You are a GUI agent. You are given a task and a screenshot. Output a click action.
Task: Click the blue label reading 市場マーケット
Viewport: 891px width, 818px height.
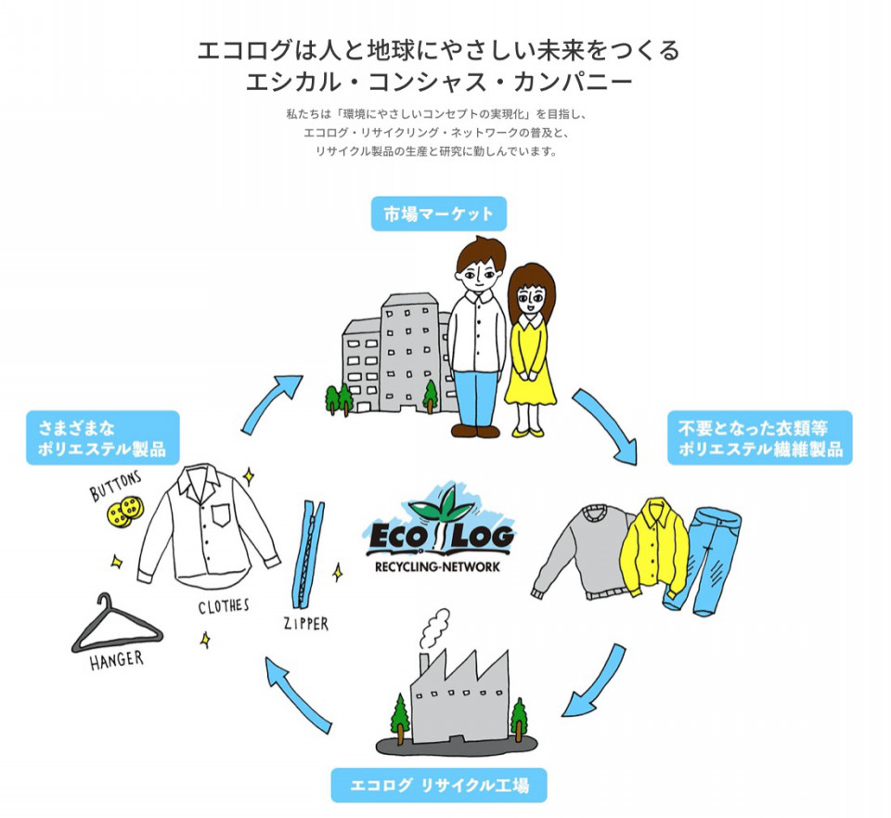pos(438,214)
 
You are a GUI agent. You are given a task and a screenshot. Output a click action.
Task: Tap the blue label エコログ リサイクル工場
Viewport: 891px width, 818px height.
pos(439,785)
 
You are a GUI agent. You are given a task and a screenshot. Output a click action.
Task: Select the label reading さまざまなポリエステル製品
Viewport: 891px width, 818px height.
pos(103,437)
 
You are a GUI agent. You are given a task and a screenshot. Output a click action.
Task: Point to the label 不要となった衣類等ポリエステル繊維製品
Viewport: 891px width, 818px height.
pos(760,437)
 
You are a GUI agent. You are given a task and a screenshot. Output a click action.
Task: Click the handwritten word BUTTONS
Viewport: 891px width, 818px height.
pos(115,486)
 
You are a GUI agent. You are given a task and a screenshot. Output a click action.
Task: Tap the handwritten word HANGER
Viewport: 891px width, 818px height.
pos(117,660)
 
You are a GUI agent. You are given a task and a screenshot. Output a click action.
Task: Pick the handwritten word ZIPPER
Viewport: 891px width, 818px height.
pos(305,624)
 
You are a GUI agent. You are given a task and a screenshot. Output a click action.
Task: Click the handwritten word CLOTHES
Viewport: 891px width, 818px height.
pos(224,606)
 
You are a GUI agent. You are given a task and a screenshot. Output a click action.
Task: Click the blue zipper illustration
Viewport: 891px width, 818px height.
pos(307,555)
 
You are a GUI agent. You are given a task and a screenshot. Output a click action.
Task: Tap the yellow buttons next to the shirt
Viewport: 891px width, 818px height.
pos(125,511)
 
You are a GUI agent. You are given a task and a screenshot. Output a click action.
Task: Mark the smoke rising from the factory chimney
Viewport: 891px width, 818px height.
pos(434,629)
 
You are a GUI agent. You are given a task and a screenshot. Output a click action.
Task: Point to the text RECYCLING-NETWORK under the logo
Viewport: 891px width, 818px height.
pos(437,566)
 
